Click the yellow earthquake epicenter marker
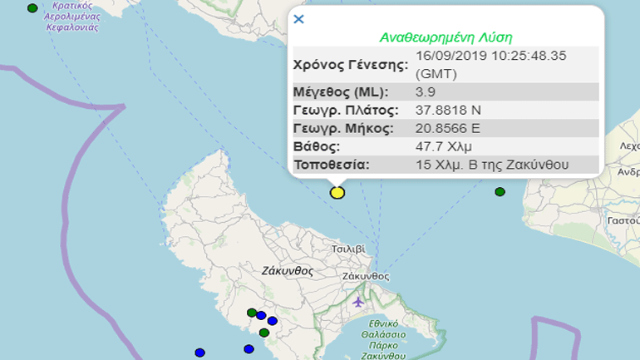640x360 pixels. [x=337, y=192]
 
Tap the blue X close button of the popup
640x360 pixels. [x=299, y=19]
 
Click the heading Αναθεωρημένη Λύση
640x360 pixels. [x=446, y=37]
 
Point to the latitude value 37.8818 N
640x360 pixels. [x=447, y=109]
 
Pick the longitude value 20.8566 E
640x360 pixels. [x=447, y=128]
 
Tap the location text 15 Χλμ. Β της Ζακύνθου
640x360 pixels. [x=492, y=164]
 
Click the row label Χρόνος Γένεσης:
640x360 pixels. [x=349, y=63]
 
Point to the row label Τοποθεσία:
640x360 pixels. [x=330, y=164]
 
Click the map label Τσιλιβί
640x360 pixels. [x=347, y=248]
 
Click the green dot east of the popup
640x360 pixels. [x=500, y=192]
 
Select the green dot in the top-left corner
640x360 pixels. [x=32, y=7]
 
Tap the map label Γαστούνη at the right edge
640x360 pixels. [x=623, y=220]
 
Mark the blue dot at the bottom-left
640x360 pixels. [x=199, y=353]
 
